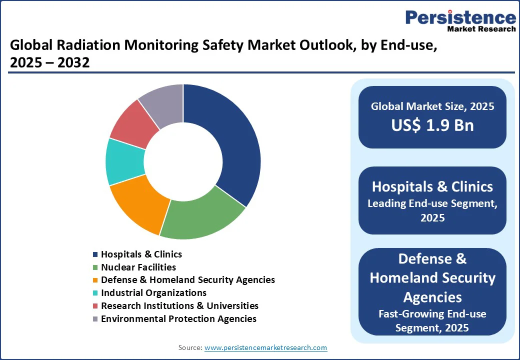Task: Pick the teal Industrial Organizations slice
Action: point(124,161)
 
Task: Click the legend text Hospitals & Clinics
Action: point(141,254)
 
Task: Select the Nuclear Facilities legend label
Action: point(138,267)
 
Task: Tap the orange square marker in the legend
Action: point(95,280)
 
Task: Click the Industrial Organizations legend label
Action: point(153,293)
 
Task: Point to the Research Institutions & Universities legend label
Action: point(179,305)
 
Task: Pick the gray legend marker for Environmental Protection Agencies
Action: point(95,319)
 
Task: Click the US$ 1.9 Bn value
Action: point(432,125)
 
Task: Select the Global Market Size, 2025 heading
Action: point(432,106)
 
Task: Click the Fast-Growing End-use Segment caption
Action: point(432,320)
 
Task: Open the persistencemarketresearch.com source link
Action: point(266,347)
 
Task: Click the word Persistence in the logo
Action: point(460,17)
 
